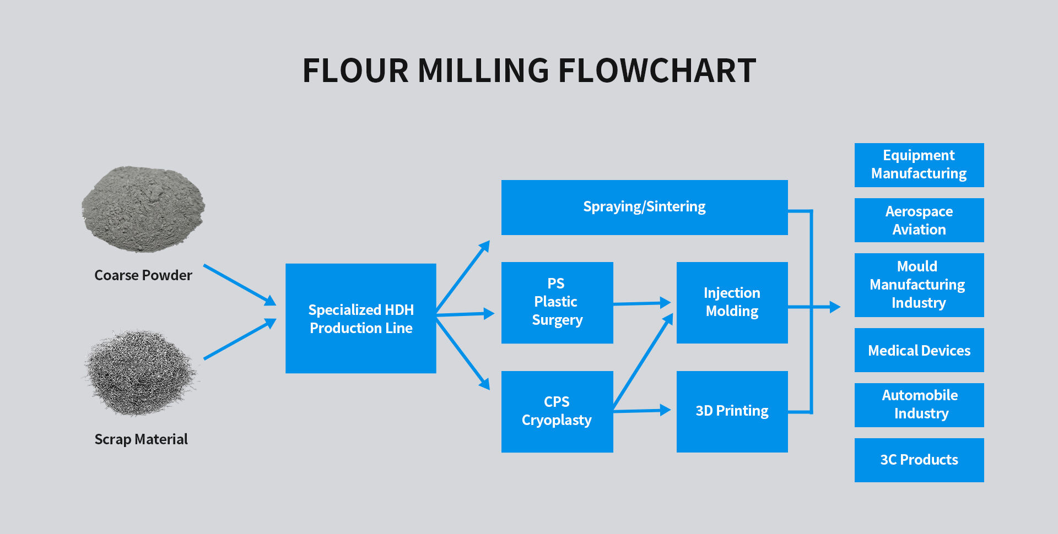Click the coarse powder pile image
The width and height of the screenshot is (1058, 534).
[143, 209]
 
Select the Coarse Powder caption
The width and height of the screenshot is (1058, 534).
[143, 275]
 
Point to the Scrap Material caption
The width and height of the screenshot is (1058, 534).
[141, 439]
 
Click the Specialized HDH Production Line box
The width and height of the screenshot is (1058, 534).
[361, 318]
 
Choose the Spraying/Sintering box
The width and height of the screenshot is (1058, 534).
[644, 207]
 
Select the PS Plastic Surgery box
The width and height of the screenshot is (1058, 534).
[557, 302]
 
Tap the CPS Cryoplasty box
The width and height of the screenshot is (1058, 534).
[557, 411]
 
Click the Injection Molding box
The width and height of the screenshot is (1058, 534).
[732, 302]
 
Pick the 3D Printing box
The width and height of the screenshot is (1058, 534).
[732, 411]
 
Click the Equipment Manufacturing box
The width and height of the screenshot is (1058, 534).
[919, 165]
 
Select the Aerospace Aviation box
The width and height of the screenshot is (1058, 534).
[919, 220]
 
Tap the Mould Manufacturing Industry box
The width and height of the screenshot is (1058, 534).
[919, 285]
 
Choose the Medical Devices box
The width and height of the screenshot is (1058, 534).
[919, 350]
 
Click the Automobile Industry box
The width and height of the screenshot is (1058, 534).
[919, 405]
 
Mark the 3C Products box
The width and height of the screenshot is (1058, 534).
[919, 460]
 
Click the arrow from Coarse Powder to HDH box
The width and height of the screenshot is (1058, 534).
[240, 285]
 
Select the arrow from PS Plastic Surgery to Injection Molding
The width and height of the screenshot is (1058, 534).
[642, 303]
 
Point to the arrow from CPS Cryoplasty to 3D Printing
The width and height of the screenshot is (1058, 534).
[642, 411]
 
